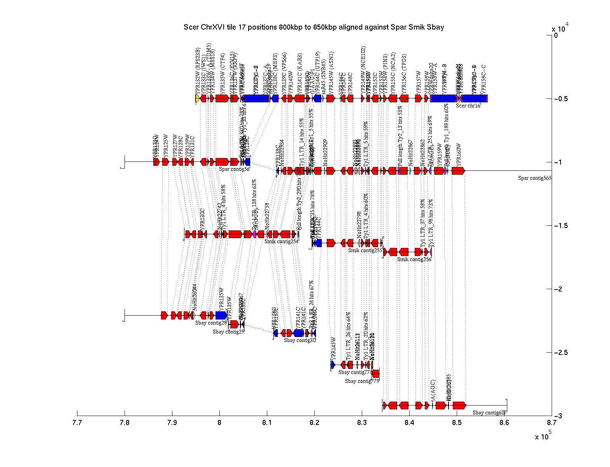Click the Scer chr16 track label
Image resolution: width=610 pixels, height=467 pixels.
468,105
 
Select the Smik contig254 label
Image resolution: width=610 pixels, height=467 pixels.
281,241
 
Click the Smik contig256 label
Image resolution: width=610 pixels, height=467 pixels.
414,259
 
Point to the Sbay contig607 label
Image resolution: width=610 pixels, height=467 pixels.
489,413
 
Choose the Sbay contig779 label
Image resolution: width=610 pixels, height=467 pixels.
362,381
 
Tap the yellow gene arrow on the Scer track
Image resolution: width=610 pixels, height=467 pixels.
197,98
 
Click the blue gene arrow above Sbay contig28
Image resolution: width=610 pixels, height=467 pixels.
221,315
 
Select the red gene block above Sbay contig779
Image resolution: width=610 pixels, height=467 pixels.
375,374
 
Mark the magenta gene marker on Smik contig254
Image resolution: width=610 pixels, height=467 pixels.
254,234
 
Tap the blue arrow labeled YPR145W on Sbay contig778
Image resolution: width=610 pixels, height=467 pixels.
333,365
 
